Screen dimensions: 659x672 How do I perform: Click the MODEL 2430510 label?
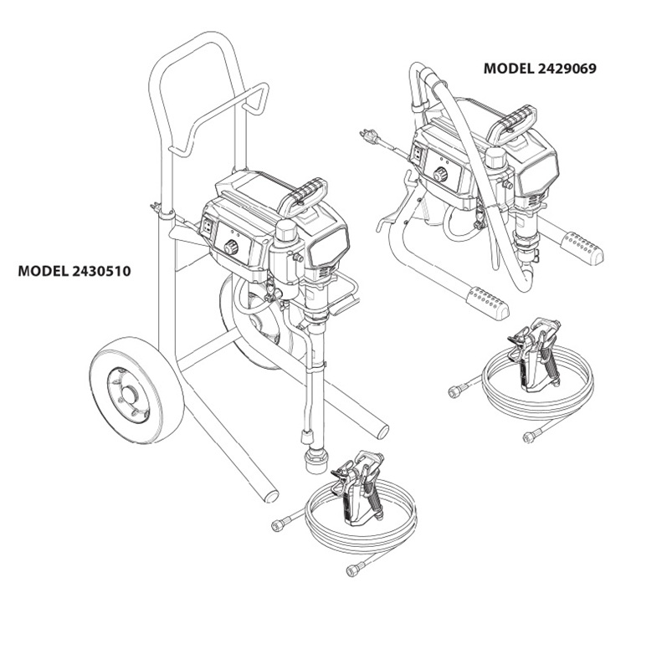(x=74, y=271)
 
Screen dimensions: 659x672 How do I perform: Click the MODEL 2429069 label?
(x=540, y=69)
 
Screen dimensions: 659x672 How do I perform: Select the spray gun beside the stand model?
(x=536, y=355)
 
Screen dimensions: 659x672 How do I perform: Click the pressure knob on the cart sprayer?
(x=230, y=248)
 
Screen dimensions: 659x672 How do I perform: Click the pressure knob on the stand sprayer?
(x=439, y=174)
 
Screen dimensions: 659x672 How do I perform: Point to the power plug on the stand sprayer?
(x=367, y=134)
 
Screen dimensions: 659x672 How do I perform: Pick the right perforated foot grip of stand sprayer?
(x=582, y=247)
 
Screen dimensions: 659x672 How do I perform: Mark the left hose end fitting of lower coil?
(x=280, y=524)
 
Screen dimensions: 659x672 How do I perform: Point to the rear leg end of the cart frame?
(x=269, y=496)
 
